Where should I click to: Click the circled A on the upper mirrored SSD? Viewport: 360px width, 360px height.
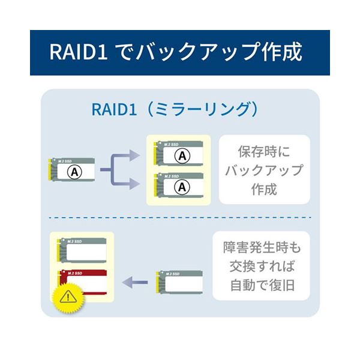point(181,155)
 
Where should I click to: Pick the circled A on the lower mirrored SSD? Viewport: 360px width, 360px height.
point(181,187)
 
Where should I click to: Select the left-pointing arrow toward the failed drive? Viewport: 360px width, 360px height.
point(134,281)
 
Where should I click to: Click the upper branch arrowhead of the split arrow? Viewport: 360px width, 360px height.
point(134,156)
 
